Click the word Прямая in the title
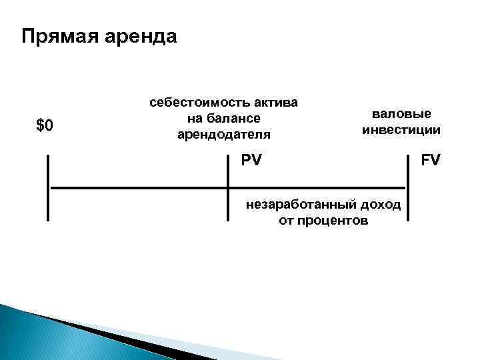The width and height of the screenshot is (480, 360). pyautogui.click(x=59, y=35)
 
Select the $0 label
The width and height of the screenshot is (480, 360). pyautogui.click(x=45, y=125)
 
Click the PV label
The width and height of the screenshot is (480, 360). pyautogui.click(x=251, y=161)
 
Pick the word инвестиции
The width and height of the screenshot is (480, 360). pyautogui.click(x=401, y=129)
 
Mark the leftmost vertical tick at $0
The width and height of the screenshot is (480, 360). pyautogui.click(x=48, y=187)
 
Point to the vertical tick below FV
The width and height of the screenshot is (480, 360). pyautogui.click(x=407, y=187)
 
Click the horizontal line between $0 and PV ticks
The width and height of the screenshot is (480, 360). pyautogui.click(x=138, y=188)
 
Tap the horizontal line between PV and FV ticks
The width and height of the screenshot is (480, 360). pyautogui.click(x=317, y=188)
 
